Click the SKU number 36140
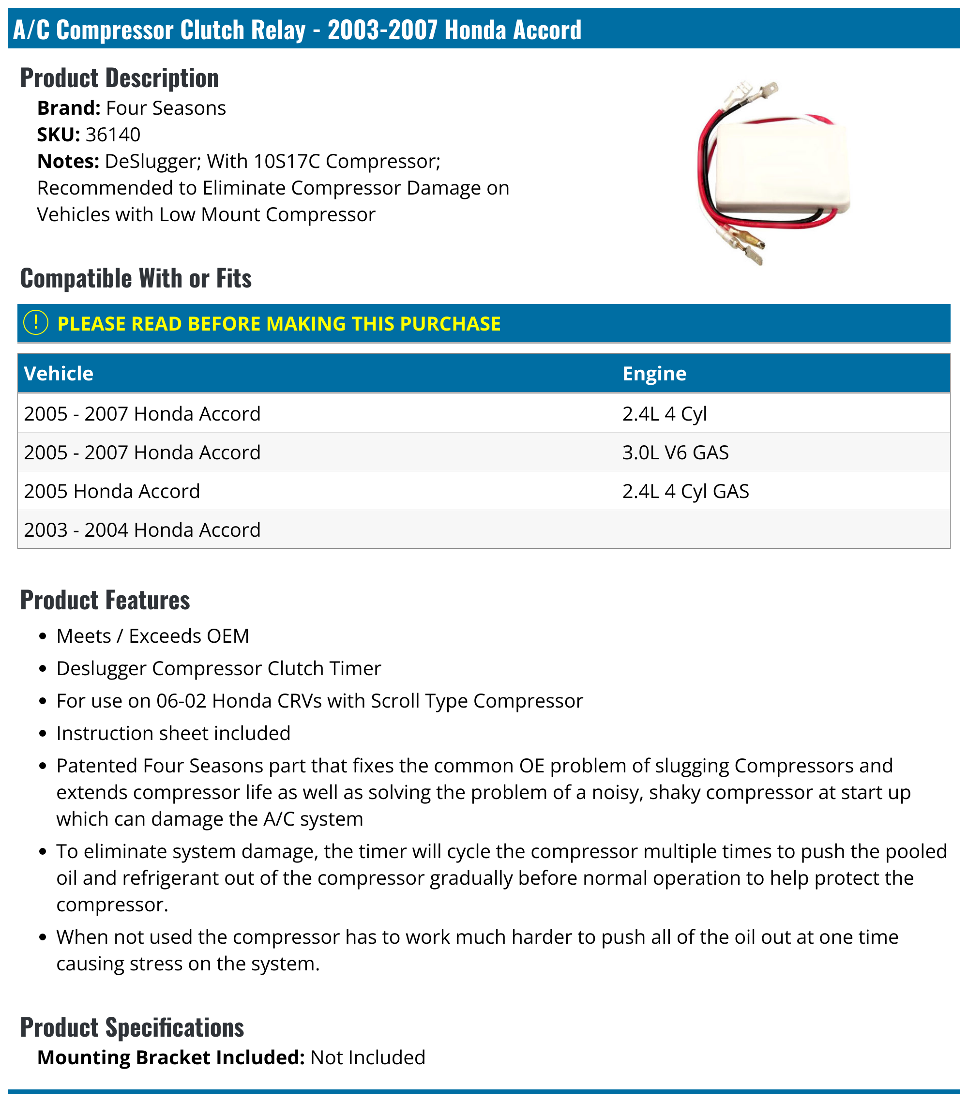click(x=113, y=135)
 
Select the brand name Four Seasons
click(x=166, y=108)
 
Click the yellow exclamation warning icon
click(x=36, y=323)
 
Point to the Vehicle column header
click(x=59, y=374)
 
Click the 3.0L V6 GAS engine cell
click(x=675, y=453)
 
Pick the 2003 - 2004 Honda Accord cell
click(x=142, y=530)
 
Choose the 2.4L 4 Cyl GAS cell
click(x=685, y=491)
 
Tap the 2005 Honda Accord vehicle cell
click(x=112, y=491)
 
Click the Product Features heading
click(x=105, y=600)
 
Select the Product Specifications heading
click(x=132, y=1027)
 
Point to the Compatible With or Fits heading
click(x=136, y=278)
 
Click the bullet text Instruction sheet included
click(x=173, y=733)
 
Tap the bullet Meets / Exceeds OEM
click(x=152, y=636)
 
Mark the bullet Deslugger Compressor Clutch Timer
click(x=218, y=668)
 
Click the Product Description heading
click(x=120, y=78)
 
